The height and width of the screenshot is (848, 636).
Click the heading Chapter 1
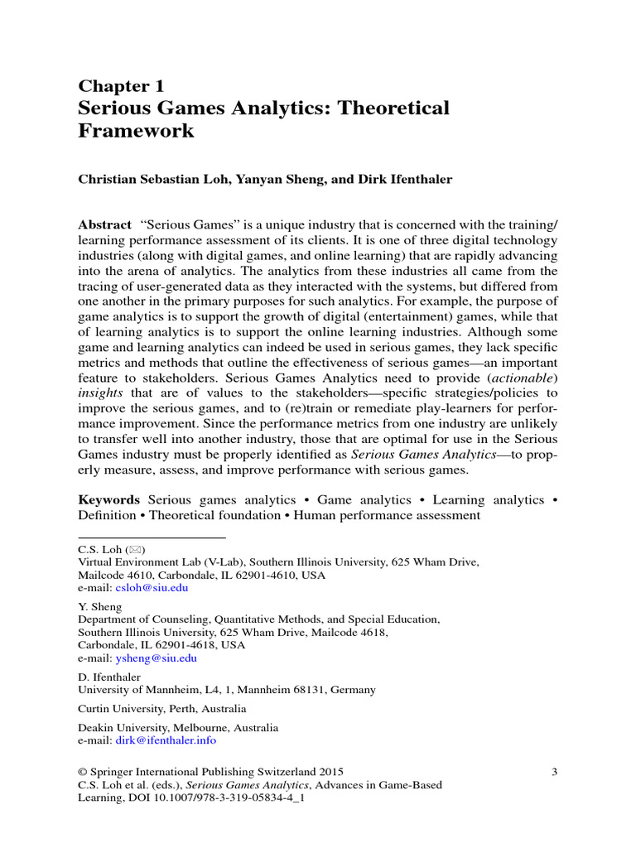click(121, 86)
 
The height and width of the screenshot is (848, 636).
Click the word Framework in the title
click(136, 131)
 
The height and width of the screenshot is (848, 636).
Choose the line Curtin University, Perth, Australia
click(161, 709)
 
